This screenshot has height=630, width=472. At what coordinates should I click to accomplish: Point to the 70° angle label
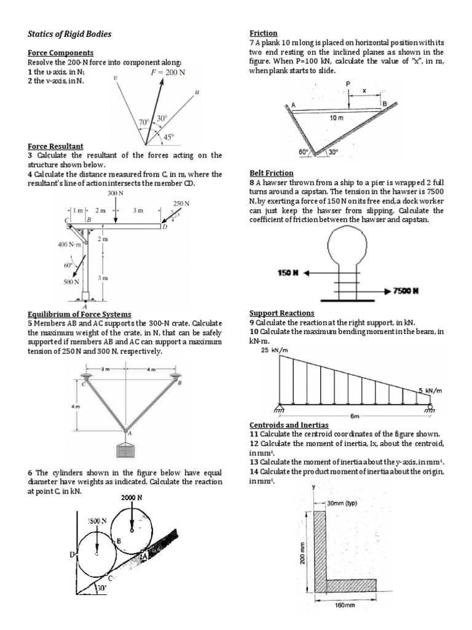pyautogui.click(x=144, y=122)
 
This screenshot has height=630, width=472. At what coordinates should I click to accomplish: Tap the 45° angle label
pyautogui.click(x=168, y=137)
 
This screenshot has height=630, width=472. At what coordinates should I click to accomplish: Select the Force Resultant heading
pyautogui.click(x=55, y=146)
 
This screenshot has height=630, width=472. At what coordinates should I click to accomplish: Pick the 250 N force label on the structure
pyautogui.click(x=181, y=203)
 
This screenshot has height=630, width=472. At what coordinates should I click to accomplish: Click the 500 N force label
pyautogui.click(x=71, y=282)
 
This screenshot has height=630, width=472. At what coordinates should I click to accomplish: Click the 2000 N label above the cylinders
pyautogui.click(x=132, y=497)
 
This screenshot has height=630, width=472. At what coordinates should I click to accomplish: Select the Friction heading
pyautogui.click(x=263, y=33)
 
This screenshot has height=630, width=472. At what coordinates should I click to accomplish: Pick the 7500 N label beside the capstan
pyautogui.click(x=406, y=290)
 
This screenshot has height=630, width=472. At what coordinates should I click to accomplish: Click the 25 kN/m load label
pyautogui.click(x=275, y=351)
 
